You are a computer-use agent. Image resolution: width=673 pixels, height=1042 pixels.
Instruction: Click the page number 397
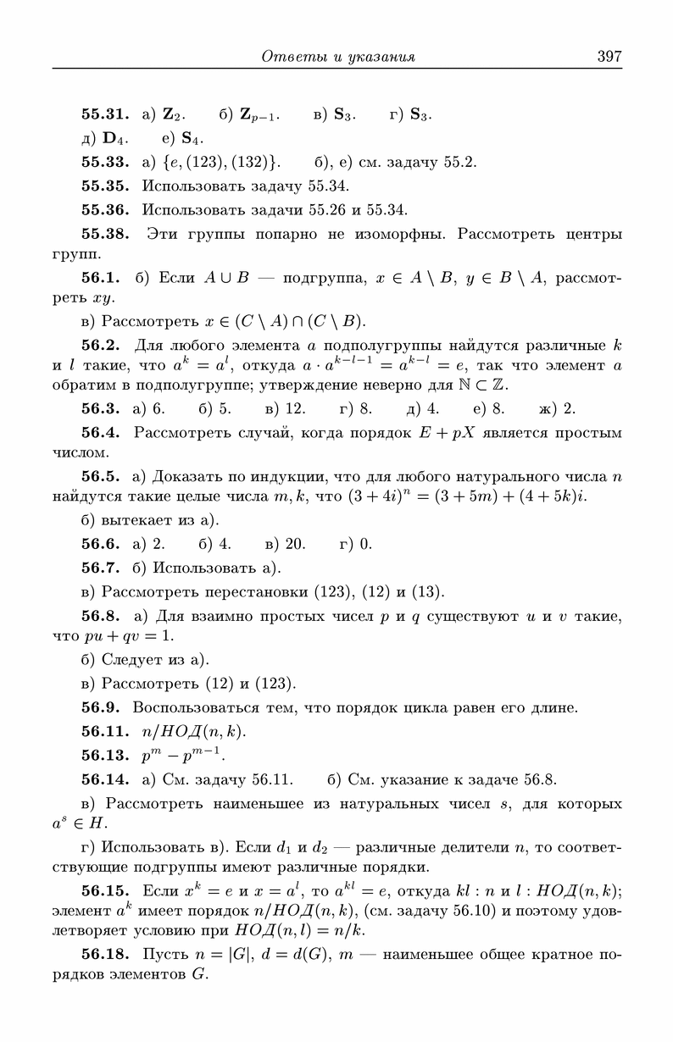609,57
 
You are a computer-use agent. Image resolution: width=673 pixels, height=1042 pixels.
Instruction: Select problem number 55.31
104,114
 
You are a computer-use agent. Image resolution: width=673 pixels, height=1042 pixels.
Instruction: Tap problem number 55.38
104,233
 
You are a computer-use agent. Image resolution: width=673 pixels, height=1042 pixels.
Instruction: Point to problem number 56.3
104,409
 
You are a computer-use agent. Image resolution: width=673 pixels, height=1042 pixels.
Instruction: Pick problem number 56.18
104,955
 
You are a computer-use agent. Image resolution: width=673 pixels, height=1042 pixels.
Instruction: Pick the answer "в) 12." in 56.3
286,409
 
